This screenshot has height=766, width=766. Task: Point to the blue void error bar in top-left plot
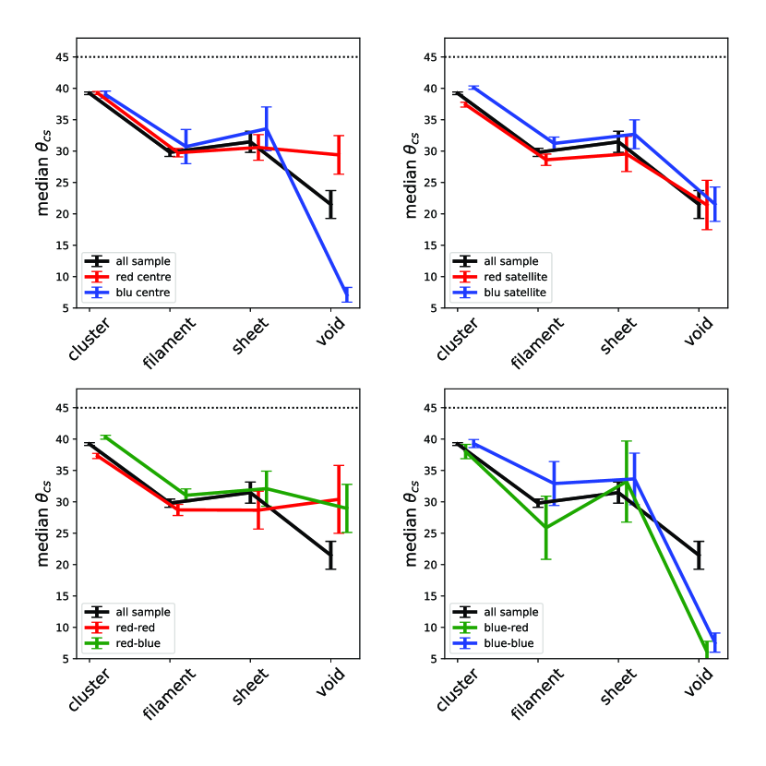point(347,294)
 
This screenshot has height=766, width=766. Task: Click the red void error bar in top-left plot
point(339,154)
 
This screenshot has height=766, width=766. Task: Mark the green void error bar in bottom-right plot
point(708,649)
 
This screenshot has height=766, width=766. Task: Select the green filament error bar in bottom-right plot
point(545,528)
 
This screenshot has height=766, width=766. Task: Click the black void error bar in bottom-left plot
point(330,555)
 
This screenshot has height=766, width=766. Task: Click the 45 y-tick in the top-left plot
point(63,57)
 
